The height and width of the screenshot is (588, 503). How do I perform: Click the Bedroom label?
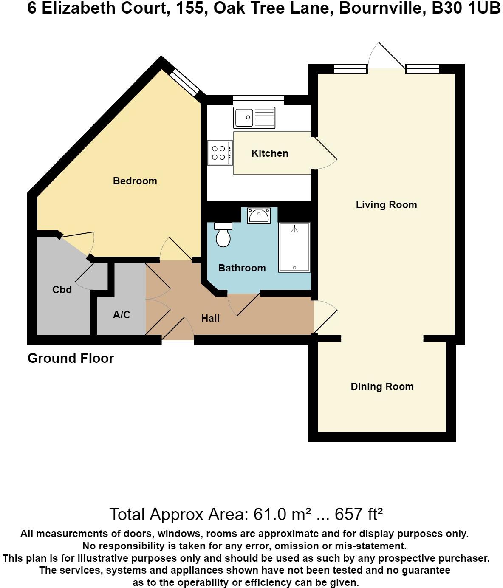tap(135, 181)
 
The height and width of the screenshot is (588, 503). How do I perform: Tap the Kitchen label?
tap(270, 153)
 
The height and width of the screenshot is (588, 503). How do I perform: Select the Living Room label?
tap(386, 205)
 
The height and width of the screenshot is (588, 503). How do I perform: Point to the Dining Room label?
tap(382, 387)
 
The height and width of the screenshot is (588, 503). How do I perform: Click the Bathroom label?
tap(242, 268)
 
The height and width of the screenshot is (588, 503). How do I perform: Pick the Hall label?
tap(211, 318)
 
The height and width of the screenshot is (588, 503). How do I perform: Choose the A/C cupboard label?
tap(122, 315)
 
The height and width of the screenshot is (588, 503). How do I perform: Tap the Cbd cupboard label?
tap(62, 290)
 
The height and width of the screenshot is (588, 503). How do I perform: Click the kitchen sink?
tap(254, 118)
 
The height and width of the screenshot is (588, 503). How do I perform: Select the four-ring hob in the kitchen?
tap(220, 153)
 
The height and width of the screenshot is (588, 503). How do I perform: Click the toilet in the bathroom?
tap(223, 235)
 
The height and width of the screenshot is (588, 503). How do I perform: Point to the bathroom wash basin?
tap(259, 216)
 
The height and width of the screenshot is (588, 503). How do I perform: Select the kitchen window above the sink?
tap(258, 100)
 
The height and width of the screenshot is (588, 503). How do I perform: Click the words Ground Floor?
tap(71, 359)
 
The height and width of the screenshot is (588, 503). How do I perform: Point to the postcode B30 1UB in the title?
tap(466, 8)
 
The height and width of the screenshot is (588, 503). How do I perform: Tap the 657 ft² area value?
tap(359, 514)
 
